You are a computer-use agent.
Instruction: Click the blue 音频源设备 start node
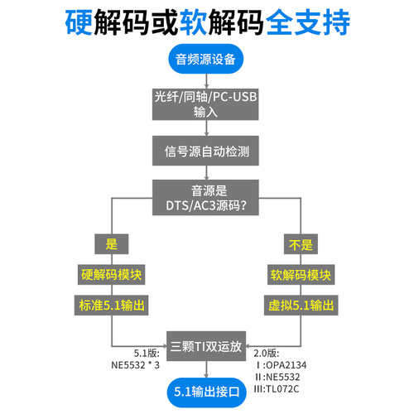click(x=205, y=59)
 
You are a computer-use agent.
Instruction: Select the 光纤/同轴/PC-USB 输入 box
click(x=205, y=104)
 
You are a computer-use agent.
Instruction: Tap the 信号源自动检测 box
click(x=205, y=152)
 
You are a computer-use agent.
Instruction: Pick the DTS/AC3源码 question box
click(x=205, y=197)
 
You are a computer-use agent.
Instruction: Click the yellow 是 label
click(x=112, y=243)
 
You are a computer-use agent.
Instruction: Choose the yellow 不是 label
click(x=300, y=243)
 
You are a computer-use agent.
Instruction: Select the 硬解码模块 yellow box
click(x=112, y=275)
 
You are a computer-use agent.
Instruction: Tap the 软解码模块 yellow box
click(x=300, y=275)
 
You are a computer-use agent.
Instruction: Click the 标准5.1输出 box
click(x=112, y=306)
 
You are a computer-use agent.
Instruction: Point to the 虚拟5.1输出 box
click(x=300, y=306)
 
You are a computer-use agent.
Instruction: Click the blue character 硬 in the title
click(x=81, y=21)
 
